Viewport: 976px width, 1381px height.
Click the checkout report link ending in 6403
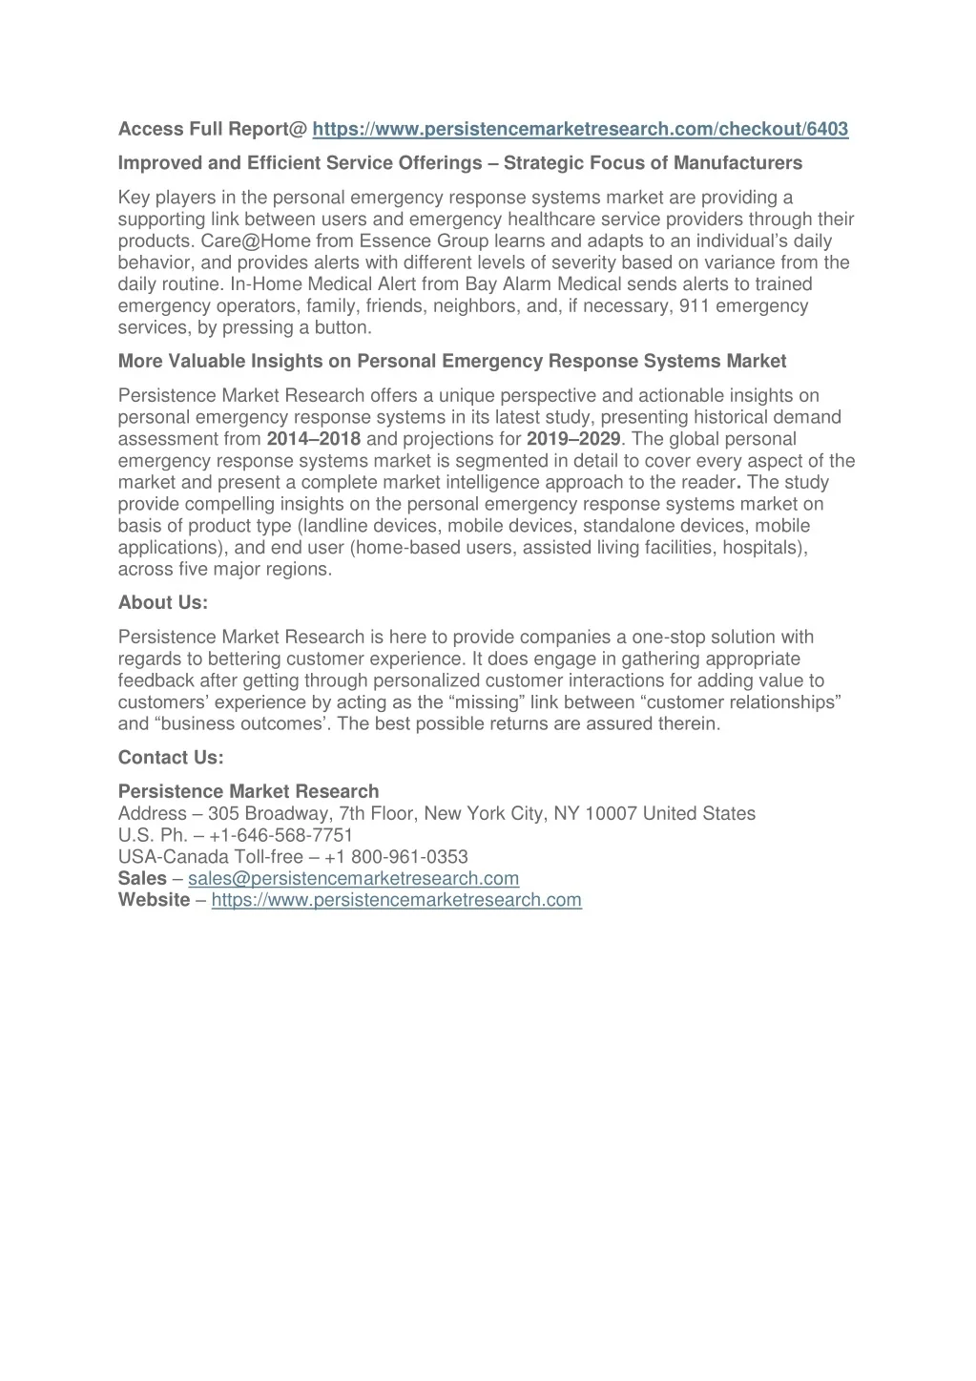coord(580,129)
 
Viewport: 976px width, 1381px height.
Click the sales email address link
coord(353,878)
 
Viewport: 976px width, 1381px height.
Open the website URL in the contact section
coord(396,900)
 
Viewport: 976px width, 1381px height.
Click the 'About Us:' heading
coord(163,602)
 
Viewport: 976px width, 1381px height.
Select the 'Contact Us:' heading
coord(171,758)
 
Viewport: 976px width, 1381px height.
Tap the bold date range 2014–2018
coord(314,439)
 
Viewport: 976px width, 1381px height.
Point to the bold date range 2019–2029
coord(573,439)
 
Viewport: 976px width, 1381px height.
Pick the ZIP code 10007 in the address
coord(612,814)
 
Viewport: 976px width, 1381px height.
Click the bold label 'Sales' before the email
coord(142,878)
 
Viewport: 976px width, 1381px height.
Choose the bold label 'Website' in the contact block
coord(154,900)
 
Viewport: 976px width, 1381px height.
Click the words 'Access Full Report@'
coord(212,129)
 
